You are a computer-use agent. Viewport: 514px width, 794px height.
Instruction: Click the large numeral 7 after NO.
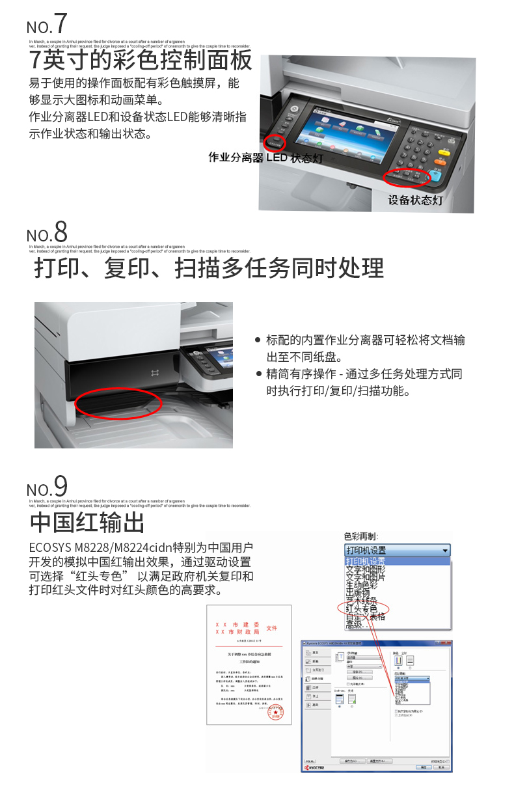(x=60, y=23)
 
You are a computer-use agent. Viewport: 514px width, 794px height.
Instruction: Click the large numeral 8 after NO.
(x=60, y=232)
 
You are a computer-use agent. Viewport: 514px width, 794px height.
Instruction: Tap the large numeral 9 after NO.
(x=60, y=486)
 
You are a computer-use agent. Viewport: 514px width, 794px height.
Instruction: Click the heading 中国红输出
(x=87, y=523)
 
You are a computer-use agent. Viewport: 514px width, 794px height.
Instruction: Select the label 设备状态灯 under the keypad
(x=415, y=200)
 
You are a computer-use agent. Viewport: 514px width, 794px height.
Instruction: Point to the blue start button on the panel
(x=436, y=174)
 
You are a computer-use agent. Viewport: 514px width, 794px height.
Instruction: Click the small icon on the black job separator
(x=155, y=372)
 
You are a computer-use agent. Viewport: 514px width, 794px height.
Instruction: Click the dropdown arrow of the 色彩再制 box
(x=445, y=551)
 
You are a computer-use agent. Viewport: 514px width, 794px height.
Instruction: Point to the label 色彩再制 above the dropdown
(x=360, y=537)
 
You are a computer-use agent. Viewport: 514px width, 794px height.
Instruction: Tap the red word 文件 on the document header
(x=271, y=628)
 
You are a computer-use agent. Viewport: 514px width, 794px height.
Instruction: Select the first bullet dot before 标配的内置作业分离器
(x=258, y=340)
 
